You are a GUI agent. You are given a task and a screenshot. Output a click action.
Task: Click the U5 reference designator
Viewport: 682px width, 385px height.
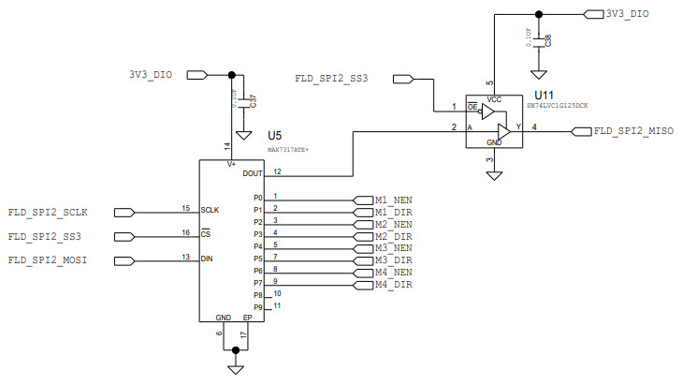coord(274,136)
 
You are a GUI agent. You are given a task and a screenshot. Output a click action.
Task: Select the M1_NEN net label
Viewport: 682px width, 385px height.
coord(393,200)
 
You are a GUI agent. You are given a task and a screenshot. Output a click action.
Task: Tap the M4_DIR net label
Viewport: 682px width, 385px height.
coord(393,285)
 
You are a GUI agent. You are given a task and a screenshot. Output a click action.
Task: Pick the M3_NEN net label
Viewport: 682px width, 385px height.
coord(393,248)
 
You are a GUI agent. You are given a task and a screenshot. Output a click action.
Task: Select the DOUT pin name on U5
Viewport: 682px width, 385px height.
coord(253,173)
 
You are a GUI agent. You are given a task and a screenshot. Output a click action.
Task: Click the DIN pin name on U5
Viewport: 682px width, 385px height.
coord(208,258)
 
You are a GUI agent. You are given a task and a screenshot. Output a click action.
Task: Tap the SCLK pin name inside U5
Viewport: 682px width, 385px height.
coord(210,209)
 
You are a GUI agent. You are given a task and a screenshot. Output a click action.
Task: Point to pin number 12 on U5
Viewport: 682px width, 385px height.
coord(278,170)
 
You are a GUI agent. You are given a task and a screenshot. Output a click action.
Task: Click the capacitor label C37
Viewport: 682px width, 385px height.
coord(254,100)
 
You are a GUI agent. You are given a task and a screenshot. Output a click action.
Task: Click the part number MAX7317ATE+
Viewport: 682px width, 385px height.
coord(288,149)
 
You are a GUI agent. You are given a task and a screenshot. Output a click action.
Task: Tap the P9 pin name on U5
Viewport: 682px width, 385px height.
coord(258,307)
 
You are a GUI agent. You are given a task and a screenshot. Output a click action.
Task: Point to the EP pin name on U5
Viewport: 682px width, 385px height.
coord(247,318)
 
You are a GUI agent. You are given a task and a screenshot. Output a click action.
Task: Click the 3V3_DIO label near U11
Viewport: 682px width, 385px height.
coord(627,14)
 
